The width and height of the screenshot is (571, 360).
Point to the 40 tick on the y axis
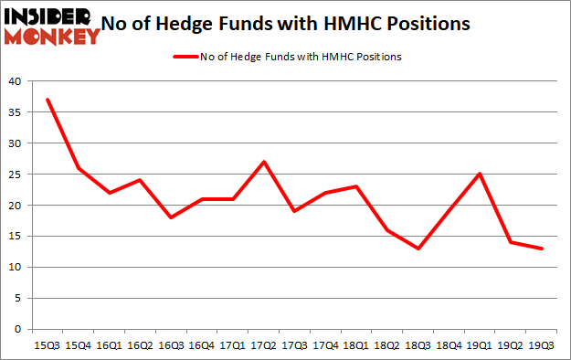click(16, 81)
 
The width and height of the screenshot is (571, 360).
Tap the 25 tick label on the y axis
click(16, 175)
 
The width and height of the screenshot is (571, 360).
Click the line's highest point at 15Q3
click(47, 100)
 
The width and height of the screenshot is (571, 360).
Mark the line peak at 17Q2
click(264, 162)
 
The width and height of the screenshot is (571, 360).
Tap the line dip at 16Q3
click(171, 217)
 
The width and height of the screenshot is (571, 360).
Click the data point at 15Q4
click(78, 168)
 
